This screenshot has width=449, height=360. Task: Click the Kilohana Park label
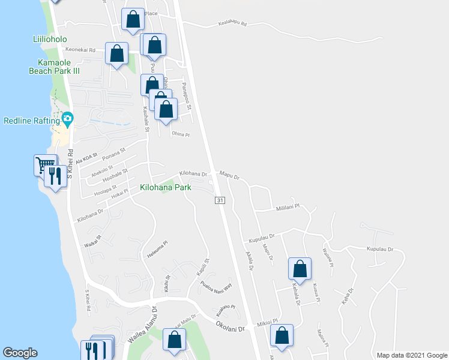tap(165, 188)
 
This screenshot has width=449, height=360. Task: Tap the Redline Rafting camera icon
tap(67, 119)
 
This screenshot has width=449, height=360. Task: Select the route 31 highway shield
tap(220, 200)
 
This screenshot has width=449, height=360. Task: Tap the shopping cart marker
tap(45, 164)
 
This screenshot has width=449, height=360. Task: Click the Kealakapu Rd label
tap(228, 23)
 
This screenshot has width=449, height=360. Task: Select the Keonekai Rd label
tap(80, 50)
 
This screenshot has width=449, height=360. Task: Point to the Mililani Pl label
tap(287, 207)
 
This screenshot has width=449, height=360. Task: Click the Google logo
tap(20, 353)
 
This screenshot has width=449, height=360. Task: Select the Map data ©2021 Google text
tap(412, 355)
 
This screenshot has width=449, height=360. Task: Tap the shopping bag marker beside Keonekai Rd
tap(116, 53)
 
